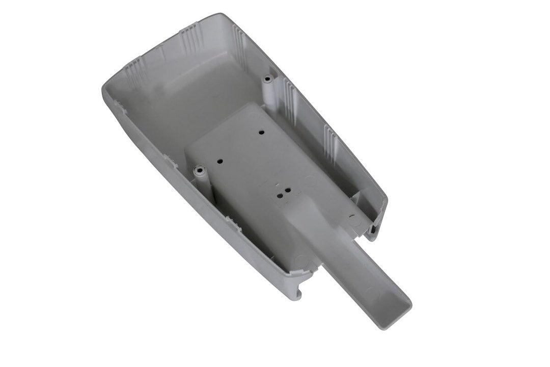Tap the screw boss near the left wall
pyautogui.click(x=200, y=168)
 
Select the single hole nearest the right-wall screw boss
pyautogui.click(x=261, y=133)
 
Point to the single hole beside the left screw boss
pyautogui.click(x=221, y=160)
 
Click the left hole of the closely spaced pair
pyautogui.click(x=279, y=194)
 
